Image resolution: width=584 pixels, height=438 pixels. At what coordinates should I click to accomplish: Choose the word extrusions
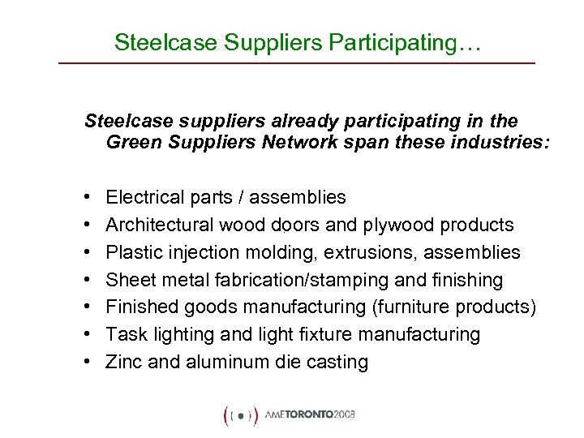372,252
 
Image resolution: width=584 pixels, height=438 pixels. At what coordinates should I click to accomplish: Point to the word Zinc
123,363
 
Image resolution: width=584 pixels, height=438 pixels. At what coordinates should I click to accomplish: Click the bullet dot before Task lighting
87,335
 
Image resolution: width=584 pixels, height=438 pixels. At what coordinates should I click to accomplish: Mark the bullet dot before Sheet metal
87,280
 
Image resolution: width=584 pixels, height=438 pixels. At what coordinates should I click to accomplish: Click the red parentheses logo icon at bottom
240,414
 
